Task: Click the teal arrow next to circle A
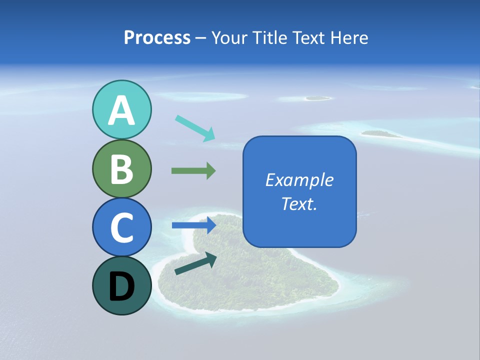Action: [195, 127]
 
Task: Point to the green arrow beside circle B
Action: [193, 171]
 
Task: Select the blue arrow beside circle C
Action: [193, 225]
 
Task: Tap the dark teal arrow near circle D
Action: [195, 263]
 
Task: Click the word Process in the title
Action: [157, 38]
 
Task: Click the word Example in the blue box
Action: [299, 180]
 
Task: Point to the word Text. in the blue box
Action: [299, 203]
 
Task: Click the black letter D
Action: [121, 287]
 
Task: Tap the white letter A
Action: [121, 111]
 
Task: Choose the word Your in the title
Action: [230, 38]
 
